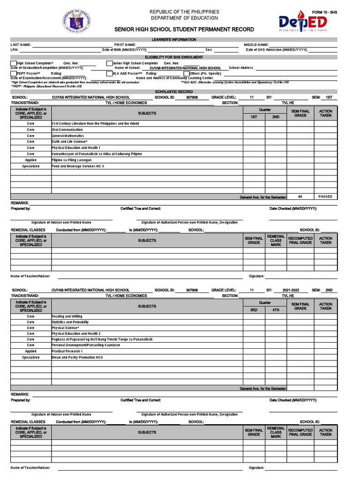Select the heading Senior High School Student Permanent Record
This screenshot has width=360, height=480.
tap(184, 30)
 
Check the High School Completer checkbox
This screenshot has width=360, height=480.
tap(13, 63)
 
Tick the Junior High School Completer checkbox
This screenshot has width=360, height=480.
tap(109, 63)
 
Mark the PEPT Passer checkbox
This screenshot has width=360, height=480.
tap(13, 74)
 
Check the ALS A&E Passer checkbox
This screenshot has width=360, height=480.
tap(109, 74)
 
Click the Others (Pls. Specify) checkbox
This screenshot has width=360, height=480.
tap(186, 74)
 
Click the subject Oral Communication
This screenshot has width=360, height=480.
tap(67, 130)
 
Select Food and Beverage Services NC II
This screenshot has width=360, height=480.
tap(78, 166)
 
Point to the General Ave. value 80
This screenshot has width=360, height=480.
tap(300, 196)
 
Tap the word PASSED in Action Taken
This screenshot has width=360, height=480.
tap(325, 196)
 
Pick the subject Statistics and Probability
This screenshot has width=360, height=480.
tap(70, 322)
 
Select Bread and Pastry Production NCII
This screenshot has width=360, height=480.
tap(77, 358)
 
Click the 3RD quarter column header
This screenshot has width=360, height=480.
tap(254, 310)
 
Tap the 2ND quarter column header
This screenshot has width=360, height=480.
tap(276, 117)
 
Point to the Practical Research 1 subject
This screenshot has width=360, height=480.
tap(67, 351)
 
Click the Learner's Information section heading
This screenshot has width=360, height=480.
tap(174, 40)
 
